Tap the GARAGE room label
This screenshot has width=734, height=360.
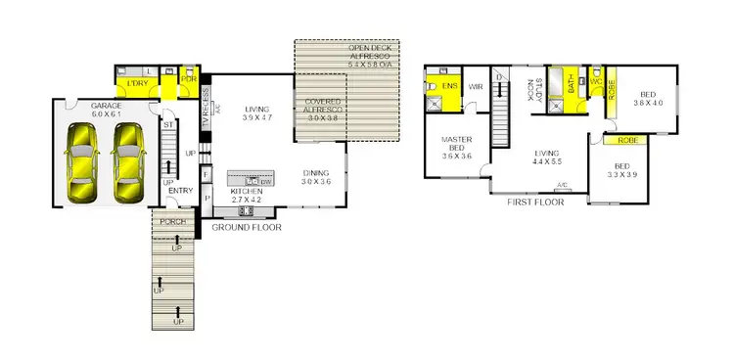(106, 105)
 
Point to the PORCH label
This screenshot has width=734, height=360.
(172, 222)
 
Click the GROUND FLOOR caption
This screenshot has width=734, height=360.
(247, 227)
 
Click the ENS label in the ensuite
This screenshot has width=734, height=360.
(449, 87)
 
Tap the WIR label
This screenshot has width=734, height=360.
(476, 87)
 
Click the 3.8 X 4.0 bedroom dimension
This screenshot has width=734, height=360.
(647, 102)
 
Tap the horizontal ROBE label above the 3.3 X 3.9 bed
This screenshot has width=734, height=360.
(628, 140)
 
